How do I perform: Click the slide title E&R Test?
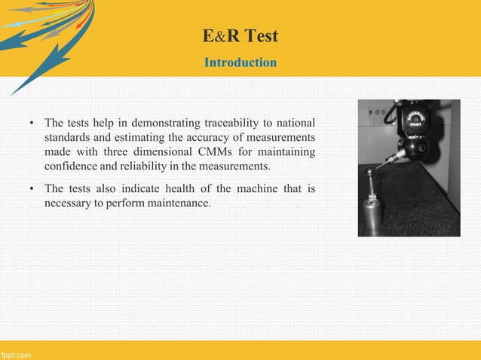(240, 35)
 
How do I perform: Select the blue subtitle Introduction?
(240, 63)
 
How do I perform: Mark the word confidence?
(72, 166)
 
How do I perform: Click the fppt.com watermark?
(16, 354)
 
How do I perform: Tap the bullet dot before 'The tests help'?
(32, 123)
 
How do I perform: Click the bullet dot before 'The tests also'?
(32, 188)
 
